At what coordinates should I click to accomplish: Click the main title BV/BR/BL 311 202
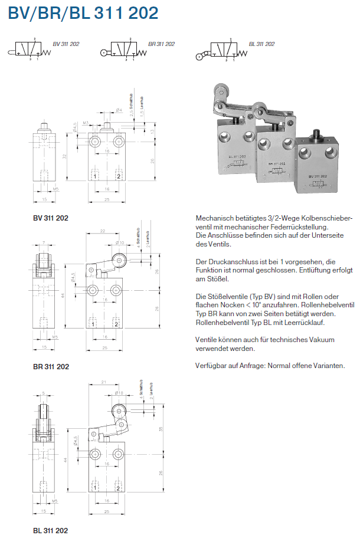[x=83, y=14]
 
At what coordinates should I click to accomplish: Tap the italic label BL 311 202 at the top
[x=261, y=44]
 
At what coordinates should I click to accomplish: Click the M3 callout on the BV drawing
[x=86, y=123]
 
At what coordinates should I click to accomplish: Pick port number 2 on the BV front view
[x=119, y=176]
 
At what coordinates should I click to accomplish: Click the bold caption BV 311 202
[x=51, y=218]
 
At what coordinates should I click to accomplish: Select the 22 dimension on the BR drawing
[x=103, y=232]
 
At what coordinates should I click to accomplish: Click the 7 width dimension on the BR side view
[x=44, y=243]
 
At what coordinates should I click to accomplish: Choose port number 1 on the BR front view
[x=94, y=324]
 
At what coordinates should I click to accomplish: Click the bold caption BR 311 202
[x=51, y=366]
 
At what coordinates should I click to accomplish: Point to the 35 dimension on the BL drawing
[x=161, y=431]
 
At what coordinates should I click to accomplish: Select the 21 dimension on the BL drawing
[x=103, y=383]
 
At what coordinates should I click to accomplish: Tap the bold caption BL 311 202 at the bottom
[x=50, y=530]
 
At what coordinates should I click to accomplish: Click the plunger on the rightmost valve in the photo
[x=316, y=134]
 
